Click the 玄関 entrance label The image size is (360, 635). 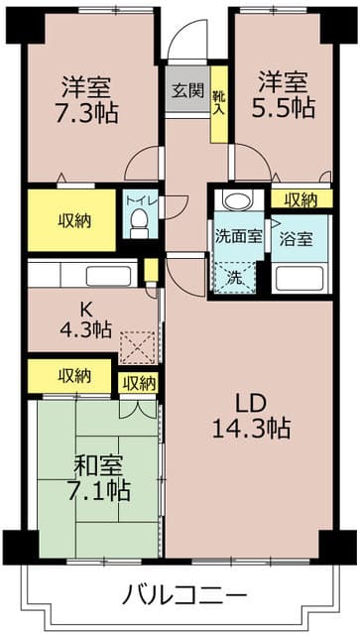coord(188,91)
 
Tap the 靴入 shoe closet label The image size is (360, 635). coord(219,92)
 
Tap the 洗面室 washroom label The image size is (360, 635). coord(239,237)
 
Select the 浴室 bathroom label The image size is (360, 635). coord(295,238)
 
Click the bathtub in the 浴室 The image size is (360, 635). coord(301,275)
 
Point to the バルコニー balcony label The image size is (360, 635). coord(184,595)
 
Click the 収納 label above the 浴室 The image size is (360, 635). coord(301,199)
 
